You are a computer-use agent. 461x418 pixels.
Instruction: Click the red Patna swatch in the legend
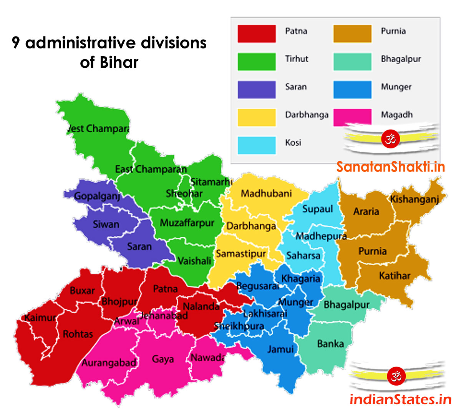(x=256, y=33)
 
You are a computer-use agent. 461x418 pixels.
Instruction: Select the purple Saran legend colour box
(x=256, y=90)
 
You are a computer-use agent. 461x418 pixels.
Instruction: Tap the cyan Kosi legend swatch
(x=256, y=145)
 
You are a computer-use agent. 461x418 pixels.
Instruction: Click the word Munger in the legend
(x=396, y=87)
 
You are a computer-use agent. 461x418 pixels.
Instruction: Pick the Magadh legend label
(x=396, y=115)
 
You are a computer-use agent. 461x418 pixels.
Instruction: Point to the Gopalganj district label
(x=97, y=196)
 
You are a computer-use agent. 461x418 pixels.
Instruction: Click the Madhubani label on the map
(x=266, y=193)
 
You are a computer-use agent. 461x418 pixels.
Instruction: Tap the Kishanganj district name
(x=414, y=199)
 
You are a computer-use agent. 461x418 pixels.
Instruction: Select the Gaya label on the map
(x=163, y=359)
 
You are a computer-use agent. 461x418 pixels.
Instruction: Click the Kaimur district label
(x=40, y=318)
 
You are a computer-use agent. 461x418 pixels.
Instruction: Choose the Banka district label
(x=330, y=343)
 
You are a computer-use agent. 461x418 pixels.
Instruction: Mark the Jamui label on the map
(x=280, y=349)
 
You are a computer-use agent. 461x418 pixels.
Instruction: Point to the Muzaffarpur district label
(x=187, y=223)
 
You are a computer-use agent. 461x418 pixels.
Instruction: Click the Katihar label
(x=395, y=276)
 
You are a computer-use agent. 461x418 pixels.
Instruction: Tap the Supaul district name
(x=317, y=209)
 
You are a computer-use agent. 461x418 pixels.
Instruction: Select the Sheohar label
(x=184, y=193)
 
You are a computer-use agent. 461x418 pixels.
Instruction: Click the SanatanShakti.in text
(x=391, y=167)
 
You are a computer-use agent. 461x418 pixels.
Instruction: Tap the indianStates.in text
(x=400, y=400)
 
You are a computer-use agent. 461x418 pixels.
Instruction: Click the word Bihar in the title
(x=119, y=62)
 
